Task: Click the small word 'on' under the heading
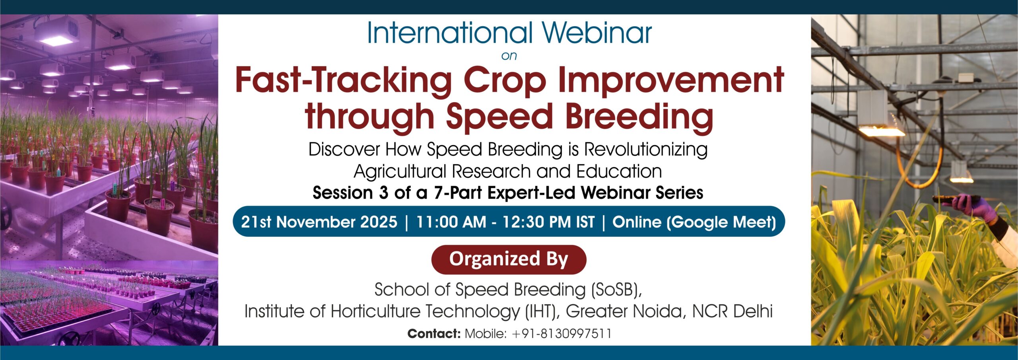[509, 56]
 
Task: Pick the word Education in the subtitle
[619, 171]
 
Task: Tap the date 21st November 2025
[319, 222]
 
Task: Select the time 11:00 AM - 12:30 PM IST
[505, 222]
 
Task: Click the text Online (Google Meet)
[694, 222]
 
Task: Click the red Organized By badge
[509, 259]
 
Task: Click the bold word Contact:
[434, 334]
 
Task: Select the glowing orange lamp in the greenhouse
[881, 130]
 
